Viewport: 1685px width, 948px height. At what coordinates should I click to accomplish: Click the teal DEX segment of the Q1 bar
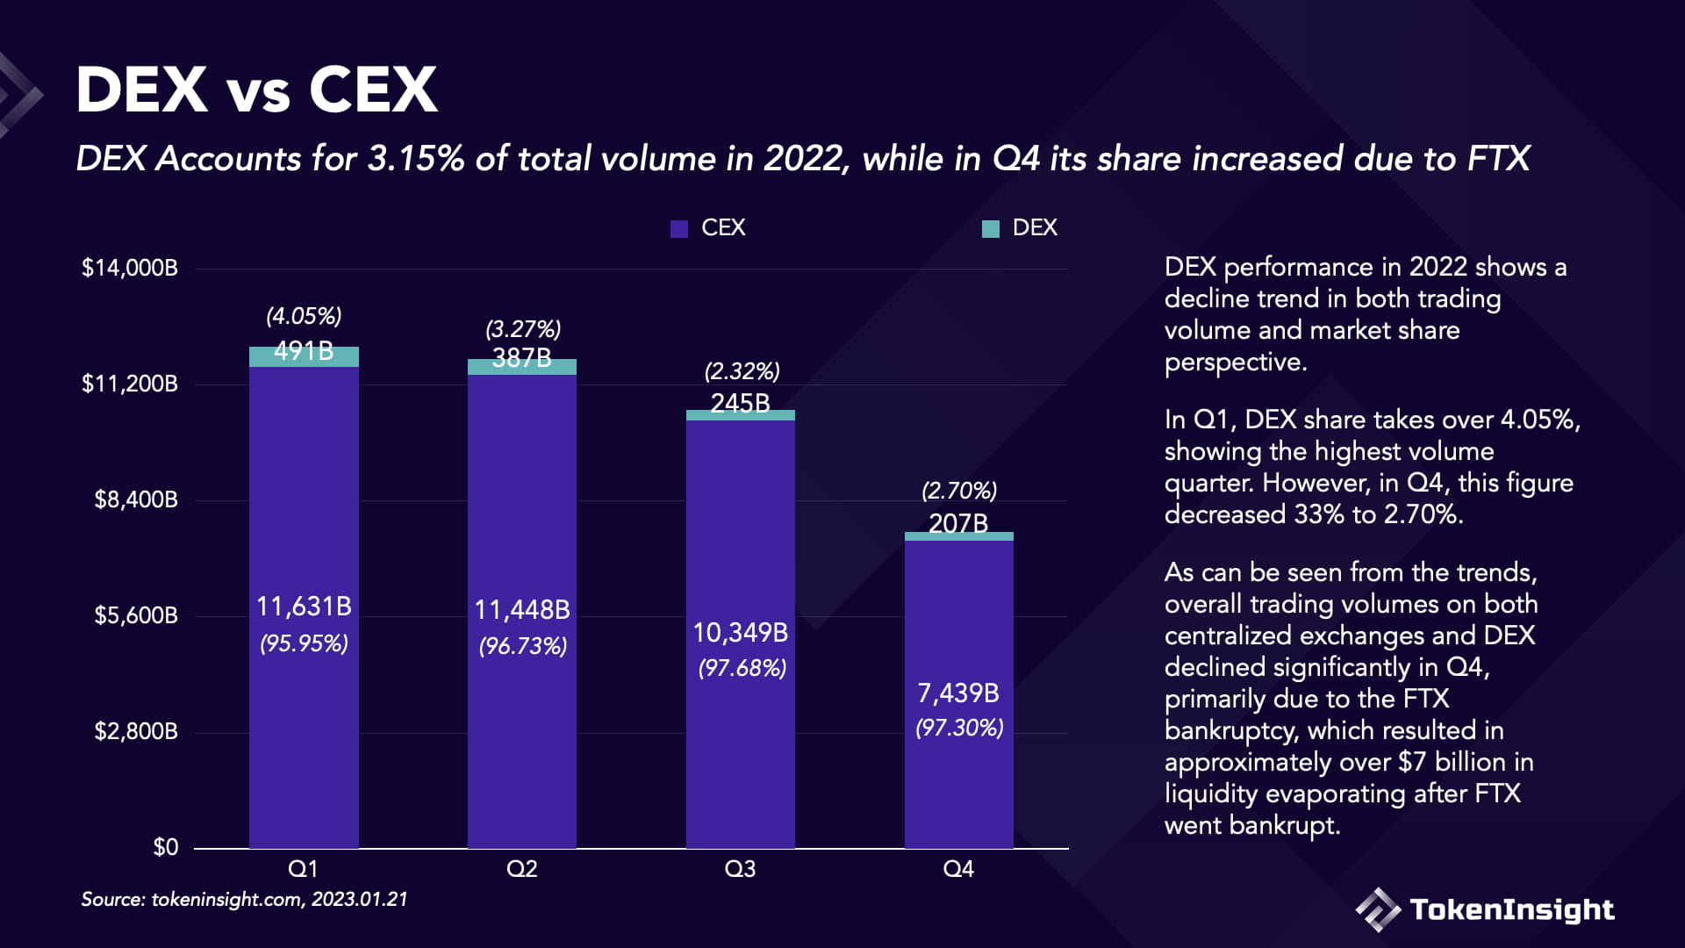pyautogui.click(x=304, y=356)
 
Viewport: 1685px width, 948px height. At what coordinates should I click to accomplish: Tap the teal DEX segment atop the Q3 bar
pyautogui.click(x=740, y=415)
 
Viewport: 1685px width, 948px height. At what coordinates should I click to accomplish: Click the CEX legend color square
pyautogui.click(x=678, y=229)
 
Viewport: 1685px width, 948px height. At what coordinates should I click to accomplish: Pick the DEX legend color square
pyautogui.click(x=990, y=229)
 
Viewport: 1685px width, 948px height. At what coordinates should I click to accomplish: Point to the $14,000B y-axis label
pyautogui.click(x=130, y=268)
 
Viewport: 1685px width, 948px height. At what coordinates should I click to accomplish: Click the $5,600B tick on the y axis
pyautogui.click(x=136, y=615)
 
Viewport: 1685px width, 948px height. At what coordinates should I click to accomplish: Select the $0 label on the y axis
pyautogui.click(x=165, y=847)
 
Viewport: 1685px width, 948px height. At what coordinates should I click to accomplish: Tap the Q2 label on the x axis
pyautogui.click(x=521, y=869)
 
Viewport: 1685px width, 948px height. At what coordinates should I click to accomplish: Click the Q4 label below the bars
pyautogui.click(x=958, y=869)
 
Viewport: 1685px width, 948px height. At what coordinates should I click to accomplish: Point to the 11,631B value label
pyautogui.click(x=304, y=607)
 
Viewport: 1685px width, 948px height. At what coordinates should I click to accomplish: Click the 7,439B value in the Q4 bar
pyautogui.click(x=958, y=693)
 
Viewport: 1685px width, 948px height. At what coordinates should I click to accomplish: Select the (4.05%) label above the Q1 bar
pyautogui.click(x=304, y=316)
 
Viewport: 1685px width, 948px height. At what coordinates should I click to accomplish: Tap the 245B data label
pyautogui.click(x=740, y=403)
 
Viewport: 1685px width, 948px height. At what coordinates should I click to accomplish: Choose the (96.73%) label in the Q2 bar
pyautogui.click(x=522, y=647)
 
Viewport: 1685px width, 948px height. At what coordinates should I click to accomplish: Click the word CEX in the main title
pyautogui.click(x=373, y=90)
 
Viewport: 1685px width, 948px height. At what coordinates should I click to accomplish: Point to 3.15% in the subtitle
pyautogui.click(x=415, y=159)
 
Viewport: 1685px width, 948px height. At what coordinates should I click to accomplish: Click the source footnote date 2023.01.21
pyautogui.click(x=360, y=900)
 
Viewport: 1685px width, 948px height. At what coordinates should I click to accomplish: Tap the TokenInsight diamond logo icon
pyautogui.click(x=1377, y=909)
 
